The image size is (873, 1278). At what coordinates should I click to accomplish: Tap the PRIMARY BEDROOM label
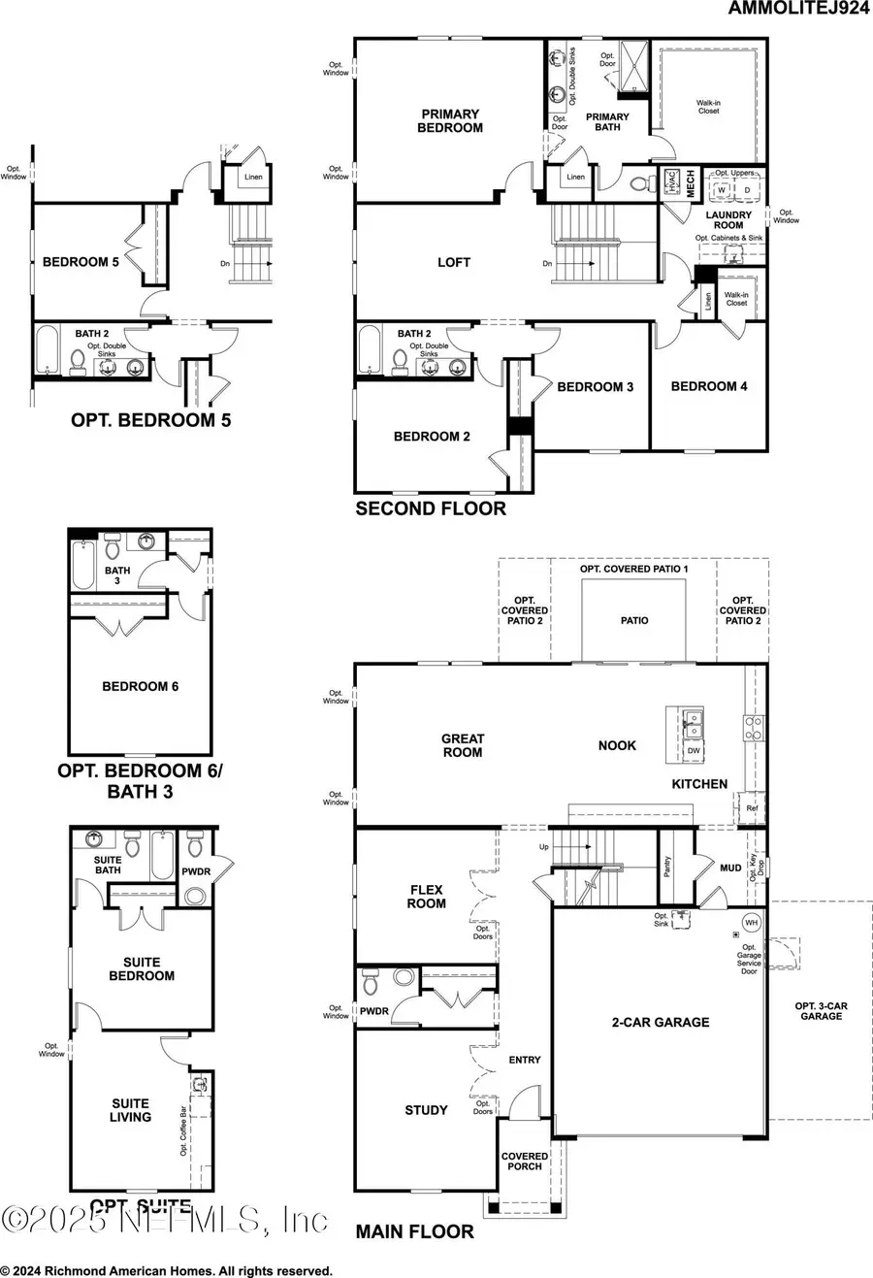(450, 121)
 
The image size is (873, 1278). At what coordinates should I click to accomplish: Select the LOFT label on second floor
(454, 262)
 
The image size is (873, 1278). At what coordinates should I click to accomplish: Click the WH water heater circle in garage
(751, 923)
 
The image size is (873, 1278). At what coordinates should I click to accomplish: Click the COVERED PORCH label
(525, 1161)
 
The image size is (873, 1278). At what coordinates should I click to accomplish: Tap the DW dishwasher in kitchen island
(694, 750)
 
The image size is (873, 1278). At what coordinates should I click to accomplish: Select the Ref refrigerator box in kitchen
(752, 808)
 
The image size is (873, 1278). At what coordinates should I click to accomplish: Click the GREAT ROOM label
(463, 745)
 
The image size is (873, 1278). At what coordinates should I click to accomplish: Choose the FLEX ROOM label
(427, 896)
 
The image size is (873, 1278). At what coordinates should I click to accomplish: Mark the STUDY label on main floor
(426, 1110)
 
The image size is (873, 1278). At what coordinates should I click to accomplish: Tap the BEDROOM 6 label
(141, 686)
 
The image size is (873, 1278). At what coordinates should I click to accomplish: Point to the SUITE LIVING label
(130, 1110)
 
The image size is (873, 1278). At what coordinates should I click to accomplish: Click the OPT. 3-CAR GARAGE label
(822, 1010)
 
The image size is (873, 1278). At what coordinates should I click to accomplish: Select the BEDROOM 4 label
(709, 386)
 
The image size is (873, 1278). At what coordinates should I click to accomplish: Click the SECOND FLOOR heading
(431, 508)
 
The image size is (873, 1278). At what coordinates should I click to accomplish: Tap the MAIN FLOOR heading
(414, 1231)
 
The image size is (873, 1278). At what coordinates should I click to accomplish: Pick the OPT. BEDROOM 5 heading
(150, 420)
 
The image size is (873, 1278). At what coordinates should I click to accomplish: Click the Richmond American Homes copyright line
(167, 1270)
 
